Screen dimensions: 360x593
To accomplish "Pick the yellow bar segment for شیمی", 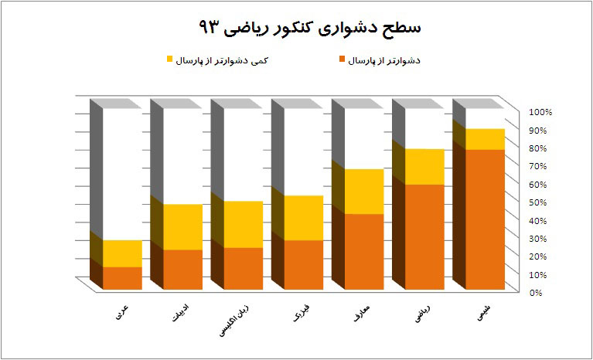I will click(485, 139).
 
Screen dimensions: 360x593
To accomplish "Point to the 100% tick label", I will click(540, 113).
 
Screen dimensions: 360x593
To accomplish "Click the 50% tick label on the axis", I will click(540, 202).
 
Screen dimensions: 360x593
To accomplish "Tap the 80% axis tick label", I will click(540, 148).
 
